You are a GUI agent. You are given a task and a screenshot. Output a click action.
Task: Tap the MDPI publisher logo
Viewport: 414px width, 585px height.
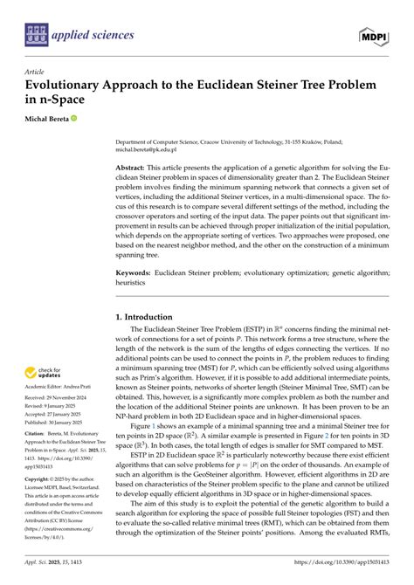click(x=373, y=36)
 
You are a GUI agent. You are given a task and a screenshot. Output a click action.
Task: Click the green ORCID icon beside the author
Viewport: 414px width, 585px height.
click(x=87, y=118)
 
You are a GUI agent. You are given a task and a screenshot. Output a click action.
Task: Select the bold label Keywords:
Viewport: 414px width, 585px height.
click(x=137, y=272)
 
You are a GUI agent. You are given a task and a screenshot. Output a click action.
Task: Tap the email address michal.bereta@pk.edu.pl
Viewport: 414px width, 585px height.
click(x=152, y=149)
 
